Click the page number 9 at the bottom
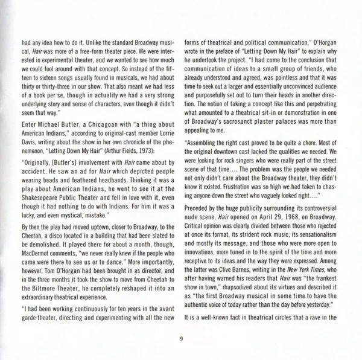tap(181, 339)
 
